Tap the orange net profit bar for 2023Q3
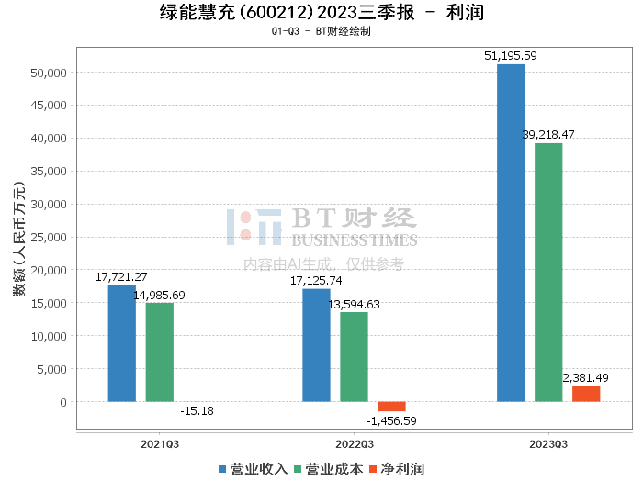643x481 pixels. point(586,394)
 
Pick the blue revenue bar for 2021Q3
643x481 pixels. point(121,343)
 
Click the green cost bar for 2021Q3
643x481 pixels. point(159,352)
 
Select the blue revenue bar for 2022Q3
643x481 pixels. point(316,345)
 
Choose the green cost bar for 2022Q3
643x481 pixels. point(354,357)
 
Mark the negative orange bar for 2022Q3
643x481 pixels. point(391,407)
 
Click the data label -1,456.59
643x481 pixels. point(391,421)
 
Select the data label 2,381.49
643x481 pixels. point(586,378)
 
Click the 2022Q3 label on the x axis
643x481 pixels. point(354,442)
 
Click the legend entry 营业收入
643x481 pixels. point(253,469)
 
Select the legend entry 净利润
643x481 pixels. point(396,469)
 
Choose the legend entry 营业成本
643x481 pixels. point(328,469)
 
